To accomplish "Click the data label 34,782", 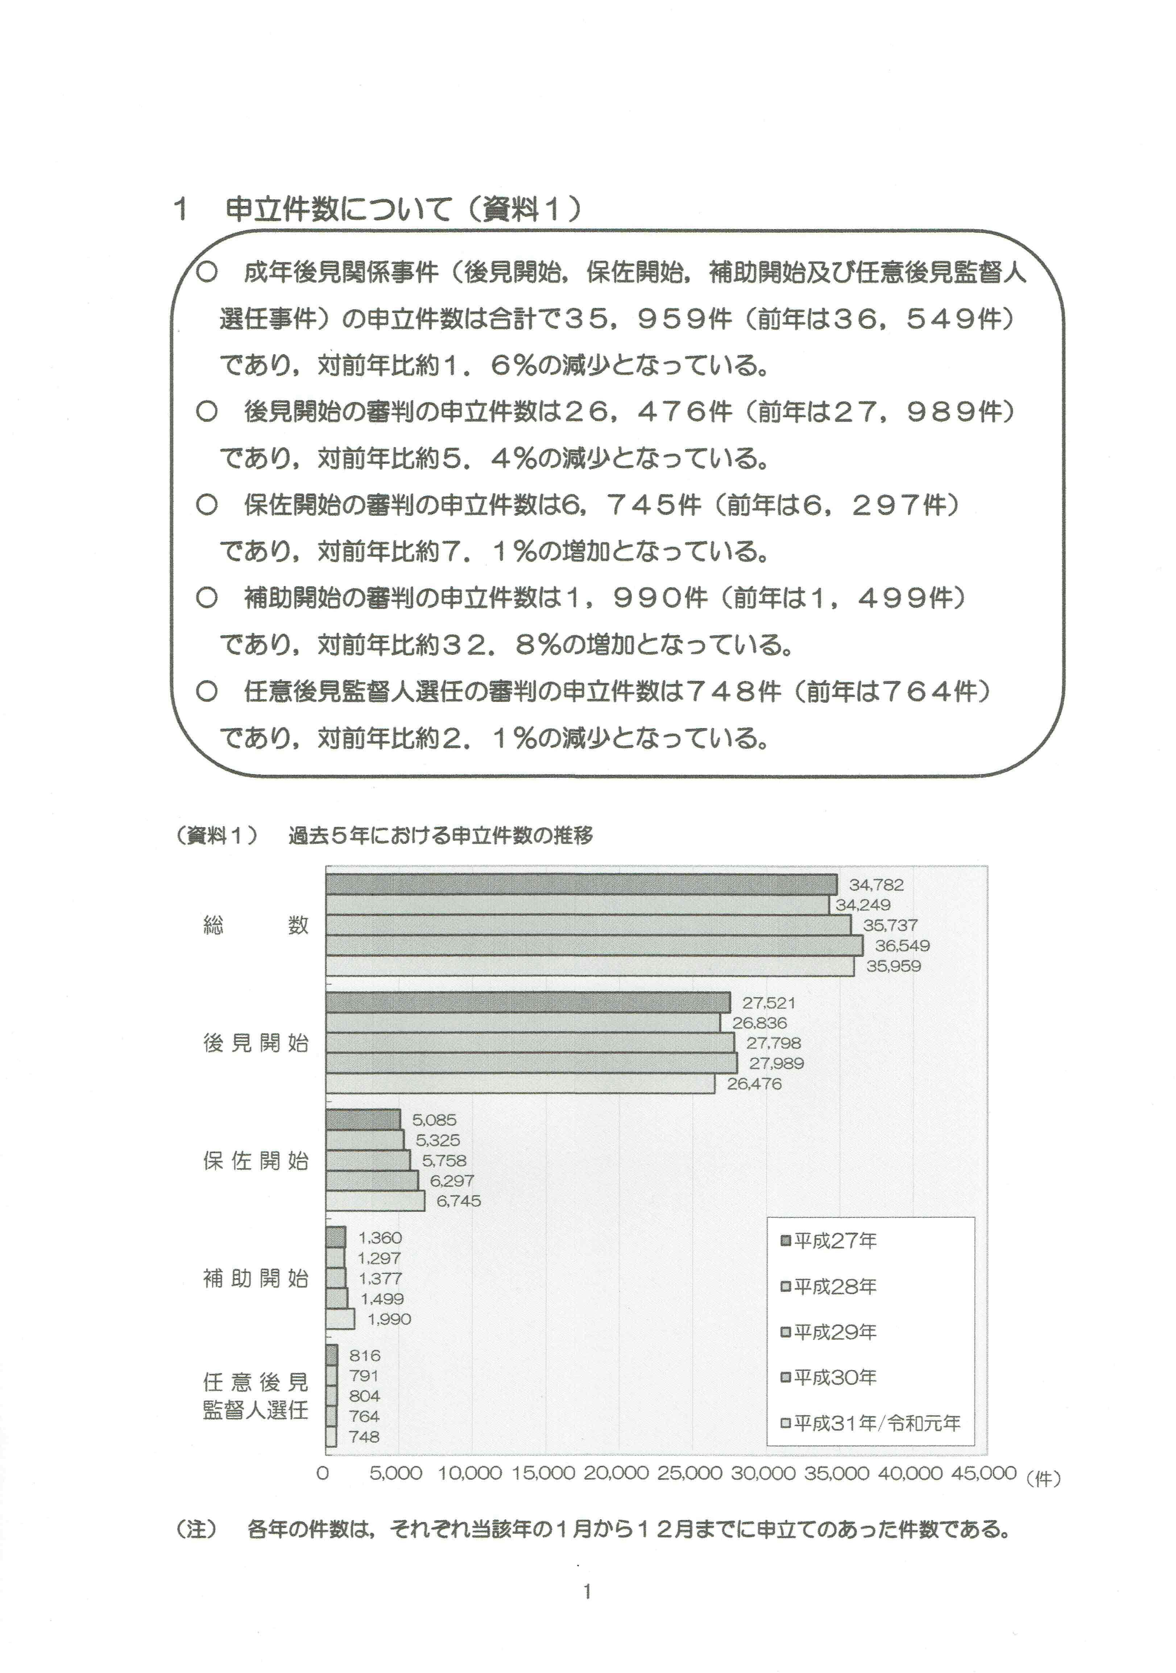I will [876, 885].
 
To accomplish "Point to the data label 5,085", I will [434, 1120].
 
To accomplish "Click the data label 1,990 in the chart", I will [389, 1319].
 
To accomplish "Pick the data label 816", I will [364, 1355].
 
